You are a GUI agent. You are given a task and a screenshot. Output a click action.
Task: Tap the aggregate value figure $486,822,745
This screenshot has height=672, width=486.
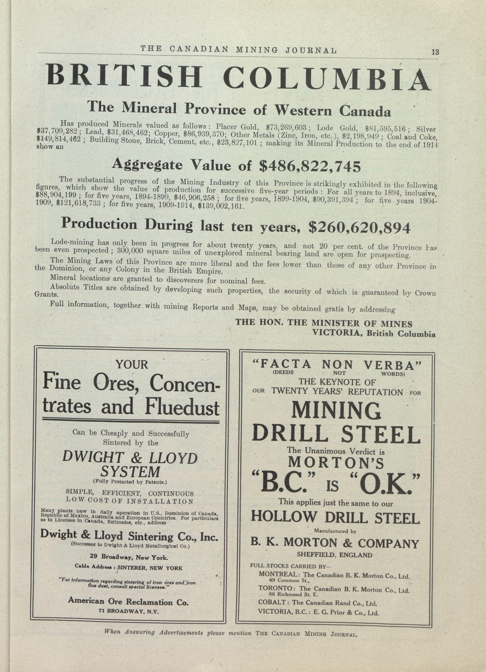point(310,167)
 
